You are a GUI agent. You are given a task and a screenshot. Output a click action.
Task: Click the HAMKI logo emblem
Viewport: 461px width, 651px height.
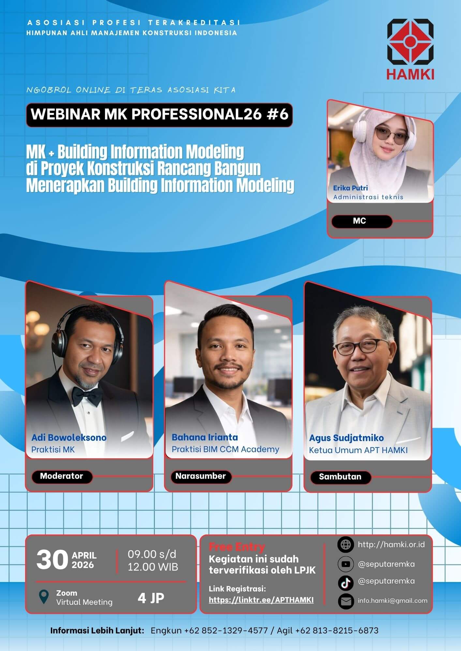click(410, 42)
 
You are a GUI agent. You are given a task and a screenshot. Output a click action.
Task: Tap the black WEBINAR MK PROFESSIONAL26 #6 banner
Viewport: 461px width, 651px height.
click(159, 115)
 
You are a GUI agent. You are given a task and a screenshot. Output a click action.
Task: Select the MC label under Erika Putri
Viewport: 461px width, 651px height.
click(362, 221)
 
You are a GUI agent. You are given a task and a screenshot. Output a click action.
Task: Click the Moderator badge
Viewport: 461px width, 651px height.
click(62, 477)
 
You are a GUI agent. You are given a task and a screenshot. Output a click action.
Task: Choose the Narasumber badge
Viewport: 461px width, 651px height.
click(201, 477)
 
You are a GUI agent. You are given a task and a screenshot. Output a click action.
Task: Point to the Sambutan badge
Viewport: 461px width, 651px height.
click(340, 477)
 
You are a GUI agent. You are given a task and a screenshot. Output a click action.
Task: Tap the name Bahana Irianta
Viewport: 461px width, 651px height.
click(205, 437)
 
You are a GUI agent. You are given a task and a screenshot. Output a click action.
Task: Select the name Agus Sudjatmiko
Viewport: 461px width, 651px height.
click(346, 438)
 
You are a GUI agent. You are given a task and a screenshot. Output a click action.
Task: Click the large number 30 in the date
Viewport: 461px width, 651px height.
click(52, 560)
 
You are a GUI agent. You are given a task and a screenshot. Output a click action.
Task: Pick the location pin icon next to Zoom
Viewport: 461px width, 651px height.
click(44, 597)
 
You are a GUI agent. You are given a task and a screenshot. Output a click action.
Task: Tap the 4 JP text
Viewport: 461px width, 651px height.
click(151, 598)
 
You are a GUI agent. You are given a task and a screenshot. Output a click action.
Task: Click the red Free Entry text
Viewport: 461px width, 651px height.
click(237, 547)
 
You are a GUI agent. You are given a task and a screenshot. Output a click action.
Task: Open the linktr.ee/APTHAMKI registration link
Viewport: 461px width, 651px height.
click(261, 600)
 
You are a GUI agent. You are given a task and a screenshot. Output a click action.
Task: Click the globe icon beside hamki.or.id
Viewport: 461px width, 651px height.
click(346, 545)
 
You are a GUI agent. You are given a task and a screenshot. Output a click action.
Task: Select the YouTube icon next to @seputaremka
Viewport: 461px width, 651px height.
click(346, 564)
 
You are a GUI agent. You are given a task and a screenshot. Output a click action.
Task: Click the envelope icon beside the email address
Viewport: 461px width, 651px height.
click(346, 601)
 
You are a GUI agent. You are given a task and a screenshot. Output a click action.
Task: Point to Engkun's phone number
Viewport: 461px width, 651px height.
click(226, 630)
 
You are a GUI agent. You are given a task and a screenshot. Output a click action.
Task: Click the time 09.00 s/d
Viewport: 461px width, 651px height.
click(152, 554)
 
